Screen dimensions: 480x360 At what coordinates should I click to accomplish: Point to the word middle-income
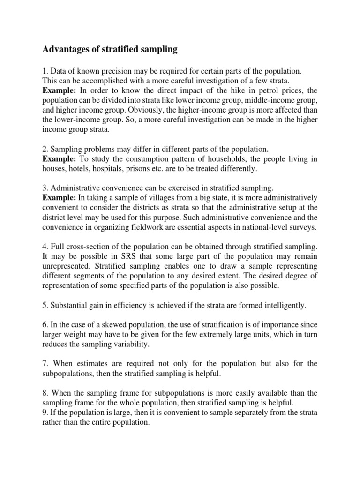coord(263,100)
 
